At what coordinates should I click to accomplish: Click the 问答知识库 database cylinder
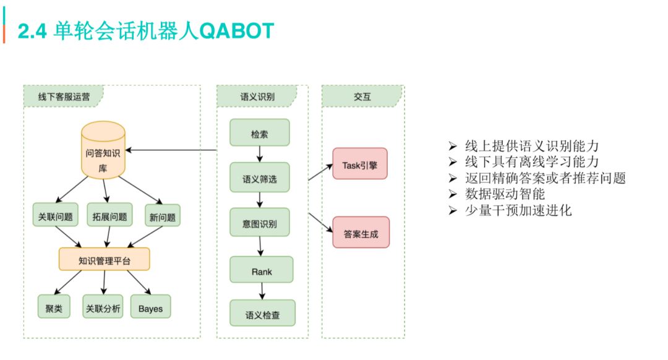[103, 151]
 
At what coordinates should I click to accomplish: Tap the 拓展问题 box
[110, 217]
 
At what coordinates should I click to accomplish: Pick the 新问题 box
[162, 217]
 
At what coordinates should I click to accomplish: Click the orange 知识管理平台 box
[105, 259]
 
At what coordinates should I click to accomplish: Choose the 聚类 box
[54, 307]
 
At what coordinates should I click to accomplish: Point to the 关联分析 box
[103, 307]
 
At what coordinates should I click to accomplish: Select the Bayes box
[150, 307]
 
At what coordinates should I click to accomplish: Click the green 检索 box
[260, 132]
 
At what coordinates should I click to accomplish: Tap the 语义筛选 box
[260, 179]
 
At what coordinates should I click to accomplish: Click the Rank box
[262, 270]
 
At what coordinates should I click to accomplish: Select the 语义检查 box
[263, 315]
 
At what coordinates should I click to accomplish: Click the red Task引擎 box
[359, 164]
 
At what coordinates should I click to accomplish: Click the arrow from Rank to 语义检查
[262, 291]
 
